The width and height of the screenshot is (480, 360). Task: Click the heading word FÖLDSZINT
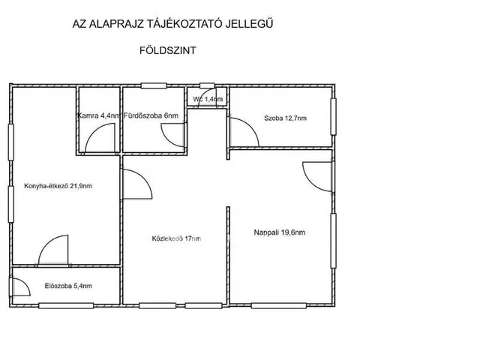point(168,50)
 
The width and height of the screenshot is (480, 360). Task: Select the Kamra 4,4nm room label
point(99,115)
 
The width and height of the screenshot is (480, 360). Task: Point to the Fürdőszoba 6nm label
point(151,115)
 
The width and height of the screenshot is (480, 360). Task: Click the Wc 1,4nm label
point(208,99)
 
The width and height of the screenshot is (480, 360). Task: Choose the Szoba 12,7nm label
point(285,118)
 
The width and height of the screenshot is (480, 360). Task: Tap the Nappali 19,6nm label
point(280,232)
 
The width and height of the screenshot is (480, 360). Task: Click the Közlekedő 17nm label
point(176,238)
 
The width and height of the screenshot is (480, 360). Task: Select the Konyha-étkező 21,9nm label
point(58,186)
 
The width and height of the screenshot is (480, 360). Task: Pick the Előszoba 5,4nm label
point(68,286)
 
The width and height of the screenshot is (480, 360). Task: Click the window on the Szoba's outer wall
point(333,117)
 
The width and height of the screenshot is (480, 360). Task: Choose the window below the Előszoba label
point(66,305)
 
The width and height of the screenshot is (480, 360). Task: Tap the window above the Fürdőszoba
point(154,85)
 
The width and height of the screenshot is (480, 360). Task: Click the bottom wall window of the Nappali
point(278,305)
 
